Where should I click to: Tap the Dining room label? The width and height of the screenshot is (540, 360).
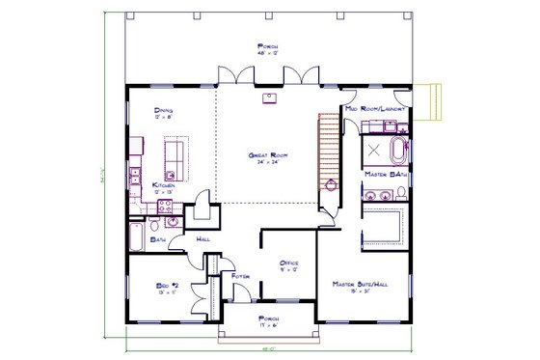click(164, 111)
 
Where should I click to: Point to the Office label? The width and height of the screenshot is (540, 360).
click(288, 263)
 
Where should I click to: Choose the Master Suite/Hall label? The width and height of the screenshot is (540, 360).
click(361, 284)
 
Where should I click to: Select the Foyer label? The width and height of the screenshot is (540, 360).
click(241, 277)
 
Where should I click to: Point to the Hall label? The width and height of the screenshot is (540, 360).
click(203, 238)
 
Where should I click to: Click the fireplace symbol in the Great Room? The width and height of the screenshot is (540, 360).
click(269, 97)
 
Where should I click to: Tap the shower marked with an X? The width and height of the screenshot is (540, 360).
click(372, 151)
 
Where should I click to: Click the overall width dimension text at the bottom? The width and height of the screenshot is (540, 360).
click(269, 349)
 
